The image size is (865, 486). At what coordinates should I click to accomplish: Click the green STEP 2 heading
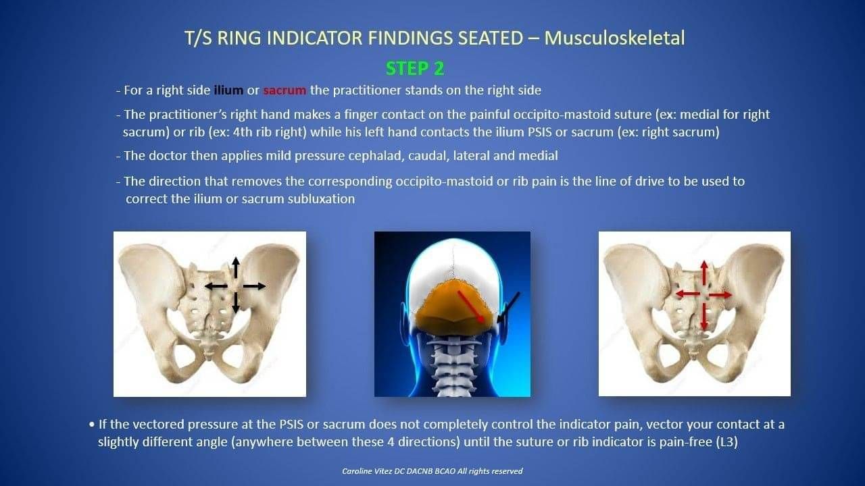click(415, 69)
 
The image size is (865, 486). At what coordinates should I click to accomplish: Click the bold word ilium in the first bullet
click(228, 90)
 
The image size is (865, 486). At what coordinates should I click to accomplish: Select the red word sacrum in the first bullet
click(285, 90)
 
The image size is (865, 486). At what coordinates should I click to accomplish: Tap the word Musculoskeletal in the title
click(614, 38)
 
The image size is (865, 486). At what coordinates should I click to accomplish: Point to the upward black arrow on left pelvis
click(236, 267)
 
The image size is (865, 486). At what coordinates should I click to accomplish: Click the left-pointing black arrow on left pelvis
click(216, 286)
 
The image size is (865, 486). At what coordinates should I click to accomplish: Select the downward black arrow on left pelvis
click(236, 303)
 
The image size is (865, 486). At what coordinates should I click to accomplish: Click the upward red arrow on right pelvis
click(704, 273)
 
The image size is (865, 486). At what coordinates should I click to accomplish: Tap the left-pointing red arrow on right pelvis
click(688, 294)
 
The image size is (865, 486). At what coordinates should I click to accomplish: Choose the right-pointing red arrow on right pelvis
click(720, 295)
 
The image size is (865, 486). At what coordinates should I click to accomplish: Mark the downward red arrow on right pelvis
click(704, 317)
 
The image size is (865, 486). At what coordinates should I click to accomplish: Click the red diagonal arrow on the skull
click(471, 306)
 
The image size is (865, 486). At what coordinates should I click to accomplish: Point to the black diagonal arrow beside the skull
click(508, 307)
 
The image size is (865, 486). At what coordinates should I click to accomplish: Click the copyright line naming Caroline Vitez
click(432, 471)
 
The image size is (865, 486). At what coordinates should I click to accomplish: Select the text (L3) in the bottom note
click(727, 441)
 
